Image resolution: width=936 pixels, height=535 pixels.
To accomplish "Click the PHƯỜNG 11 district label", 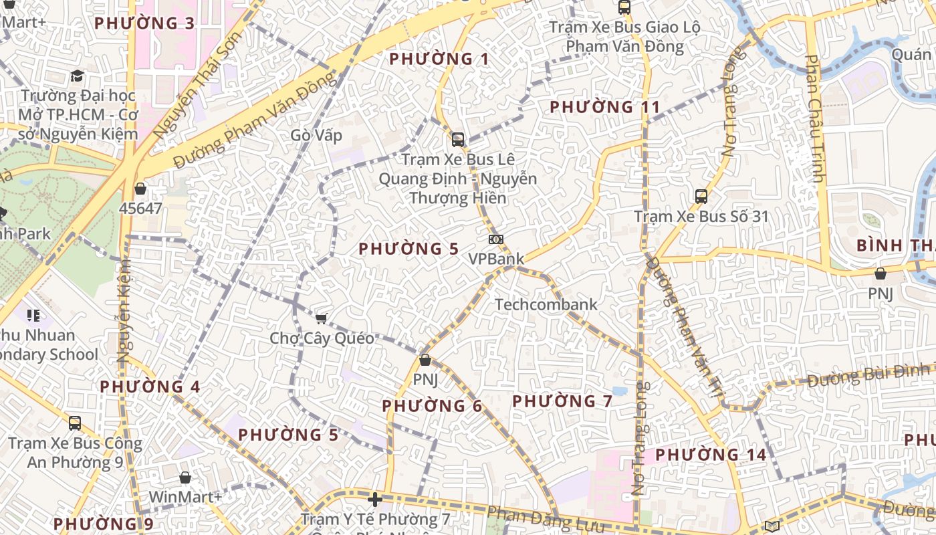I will [x=604, y=107].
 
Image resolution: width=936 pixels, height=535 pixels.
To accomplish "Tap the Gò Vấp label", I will [x=316, y=136].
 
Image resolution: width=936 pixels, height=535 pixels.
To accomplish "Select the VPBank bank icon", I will [x=496, y=239].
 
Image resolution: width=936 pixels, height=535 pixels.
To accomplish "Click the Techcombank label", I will [x=546, y=305].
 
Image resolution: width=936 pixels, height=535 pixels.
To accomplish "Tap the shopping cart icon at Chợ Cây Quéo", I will [x=322, y=318].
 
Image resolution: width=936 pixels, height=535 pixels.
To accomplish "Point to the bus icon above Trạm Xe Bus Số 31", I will [x=701, y=197].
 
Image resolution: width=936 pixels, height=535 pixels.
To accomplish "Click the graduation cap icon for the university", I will [x=78, y=76].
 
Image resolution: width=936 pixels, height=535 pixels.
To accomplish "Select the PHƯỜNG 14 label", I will [x=711, y=455].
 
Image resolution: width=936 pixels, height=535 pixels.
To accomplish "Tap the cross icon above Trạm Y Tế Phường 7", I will [x=375, y=500].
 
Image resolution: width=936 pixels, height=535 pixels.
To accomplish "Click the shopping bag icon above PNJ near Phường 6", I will [x=425, y=360].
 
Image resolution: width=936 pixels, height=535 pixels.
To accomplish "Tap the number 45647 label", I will [x=140, y=209].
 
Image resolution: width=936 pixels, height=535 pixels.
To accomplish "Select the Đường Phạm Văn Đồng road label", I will [x=254, y=120].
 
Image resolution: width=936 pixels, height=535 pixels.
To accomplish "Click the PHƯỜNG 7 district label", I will [x=562, y=401].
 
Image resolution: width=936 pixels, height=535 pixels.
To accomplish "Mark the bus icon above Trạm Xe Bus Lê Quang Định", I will [x=458, y=140].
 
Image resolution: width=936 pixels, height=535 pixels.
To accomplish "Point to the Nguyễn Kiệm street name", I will [x=124, y=311].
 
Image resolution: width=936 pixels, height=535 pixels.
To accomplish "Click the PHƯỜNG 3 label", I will [x=144, y=23].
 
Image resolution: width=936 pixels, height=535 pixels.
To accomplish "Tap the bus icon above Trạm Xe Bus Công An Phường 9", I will [x=75, y=423].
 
